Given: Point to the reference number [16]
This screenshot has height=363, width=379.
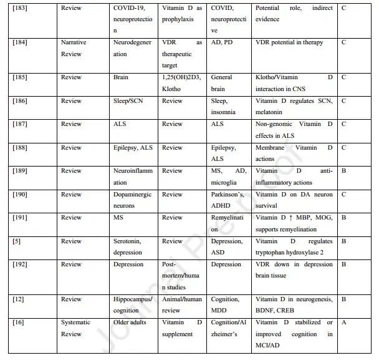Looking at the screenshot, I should click(19, 322).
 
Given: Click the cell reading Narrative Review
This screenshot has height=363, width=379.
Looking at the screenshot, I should click(74, 49).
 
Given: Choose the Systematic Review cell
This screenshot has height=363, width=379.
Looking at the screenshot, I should click(75, 328).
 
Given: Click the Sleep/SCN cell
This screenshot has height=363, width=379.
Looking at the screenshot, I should click(128, 100).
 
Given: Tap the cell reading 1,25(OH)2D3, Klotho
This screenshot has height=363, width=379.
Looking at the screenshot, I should click(178, 83).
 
